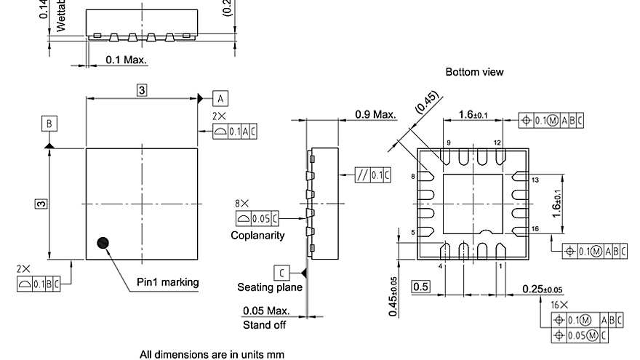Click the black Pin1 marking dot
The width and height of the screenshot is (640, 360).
(x=103, y=242)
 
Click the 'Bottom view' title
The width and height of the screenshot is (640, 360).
(x=474, y=72)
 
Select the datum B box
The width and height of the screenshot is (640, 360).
(x=49, y=124)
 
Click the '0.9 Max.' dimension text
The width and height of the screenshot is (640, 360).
(x=375, y=114)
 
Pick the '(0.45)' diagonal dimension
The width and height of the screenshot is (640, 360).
(x=428, y=103)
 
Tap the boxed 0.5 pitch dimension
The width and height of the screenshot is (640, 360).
(x=420, y=287)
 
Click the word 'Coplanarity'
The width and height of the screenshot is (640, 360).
(x=257, y=235)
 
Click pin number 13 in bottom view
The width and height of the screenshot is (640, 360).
(x=535, y=179)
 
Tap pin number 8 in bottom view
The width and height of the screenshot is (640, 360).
(x=412, y=177)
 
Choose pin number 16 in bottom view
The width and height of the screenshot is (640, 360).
(x=535, y=228)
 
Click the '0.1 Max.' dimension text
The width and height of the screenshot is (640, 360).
(x=126, y=59)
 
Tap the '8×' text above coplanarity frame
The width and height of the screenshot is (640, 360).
(x=241, y=204)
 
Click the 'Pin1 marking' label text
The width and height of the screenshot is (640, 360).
(x=167, y=282)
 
